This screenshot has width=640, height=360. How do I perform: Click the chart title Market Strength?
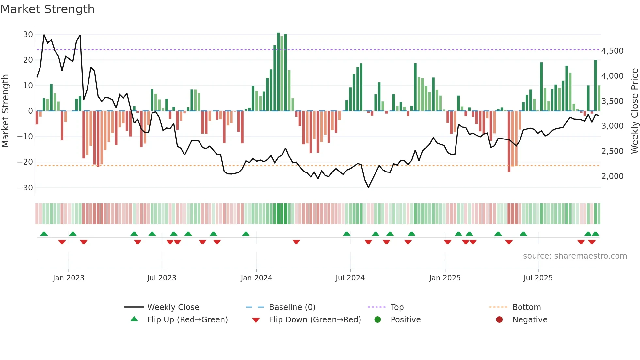[x=47, y=9]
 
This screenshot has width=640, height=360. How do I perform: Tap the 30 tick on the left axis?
[x=28, y=35]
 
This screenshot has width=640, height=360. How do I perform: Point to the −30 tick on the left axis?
[x=25, y=188]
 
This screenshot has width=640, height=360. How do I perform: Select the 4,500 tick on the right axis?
[x=612, y=51]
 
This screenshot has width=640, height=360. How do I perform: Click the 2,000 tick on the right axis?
[x=612, y=176]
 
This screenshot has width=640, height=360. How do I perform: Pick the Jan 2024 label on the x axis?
[x=256, y=278]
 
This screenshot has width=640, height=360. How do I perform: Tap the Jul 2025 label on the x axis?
[x=538, y=278]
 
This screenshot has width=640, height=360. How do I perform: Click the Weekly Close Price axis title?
[x=634, y=111]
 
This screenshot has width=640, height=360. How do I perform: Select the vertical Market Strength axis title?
[x=5, y=111]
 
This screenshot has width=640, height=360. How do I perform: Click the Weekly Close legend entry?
[x=173, y=307]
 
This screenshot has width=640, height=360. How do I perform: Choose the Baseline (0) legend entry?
[x=292, y=307]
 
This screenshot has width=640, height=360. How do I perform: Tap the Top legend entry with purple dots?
[x=397, y=307]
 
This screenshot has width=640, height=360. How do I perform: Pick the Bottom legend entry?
[x=526, y=307]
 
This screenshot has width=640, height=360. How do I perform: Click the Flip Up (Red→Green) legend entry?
[x=187, y=320]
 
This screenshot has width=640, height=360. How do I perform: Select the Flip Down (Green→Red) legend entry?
[x=315, y=320]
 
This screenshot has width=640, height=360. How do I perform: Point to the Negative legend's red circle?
[x=499, y=320]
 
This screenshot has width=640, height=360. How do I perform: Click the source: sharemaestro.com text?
[x=575, y=256]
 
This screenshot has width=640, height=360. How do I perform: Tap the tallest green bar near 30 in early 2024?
[x=278, y=72]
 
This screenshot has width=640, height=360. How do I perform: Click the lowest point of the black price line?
[x=368, y=187]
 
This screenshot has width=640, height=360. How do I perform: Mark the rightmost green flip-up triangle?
[x=595, y=234]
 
